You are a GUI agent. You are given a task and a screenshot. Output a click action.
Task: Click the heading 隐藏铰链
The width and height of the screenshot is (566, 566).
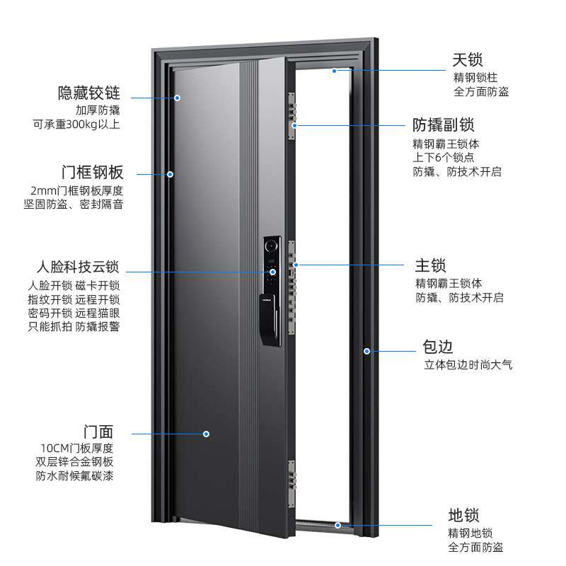(x=89, y=93)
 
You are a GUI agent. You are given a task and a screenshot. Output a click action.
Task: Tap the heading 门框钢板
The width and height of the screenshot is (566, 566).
(x=92, y=173)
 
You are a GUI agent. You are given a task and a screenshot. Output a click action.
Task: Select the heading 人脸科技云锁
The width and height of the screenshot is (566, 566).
(x=78, y=268)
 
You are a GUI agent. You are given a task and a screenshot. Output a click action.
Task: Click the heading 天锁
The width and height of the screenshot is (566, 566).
(x=468, y=59)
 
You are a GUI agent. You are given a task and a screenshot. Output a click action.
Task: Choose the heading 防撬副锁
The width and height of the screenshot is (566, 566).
(x=444, y=126)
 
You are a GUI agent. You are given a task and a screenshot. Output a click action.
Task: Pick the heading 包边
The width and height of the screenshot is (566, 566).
(x=437, y=347)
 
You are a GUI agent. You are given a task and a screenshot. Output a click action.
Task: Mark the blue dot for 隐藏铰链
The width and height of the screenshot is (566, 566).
(x=178, y=98)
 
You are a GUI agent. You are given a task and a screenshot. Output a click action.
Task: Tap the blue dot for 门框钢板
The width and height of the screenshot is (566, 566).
(x=171, y=173)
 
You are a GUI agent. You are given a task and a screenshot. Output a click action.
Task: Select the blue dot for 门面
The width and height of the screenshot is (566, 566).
(x=207, y=434)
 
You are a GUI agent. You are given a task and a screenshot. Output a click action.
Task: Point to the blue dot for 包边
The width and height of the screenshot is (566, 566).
(x=367, y=350)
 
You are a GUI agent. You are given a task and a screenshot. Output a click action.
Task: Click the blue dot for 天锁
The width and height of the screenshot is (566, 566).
(x=335, y=71)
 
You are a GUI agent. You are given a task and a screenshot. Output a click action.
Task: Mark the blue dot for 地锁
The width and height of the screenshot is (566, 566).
(x=338, y=525)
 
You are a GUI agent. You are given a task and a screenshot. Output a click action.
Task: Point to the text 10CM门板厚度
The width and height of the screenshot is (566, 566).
(x=77, y=448)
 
